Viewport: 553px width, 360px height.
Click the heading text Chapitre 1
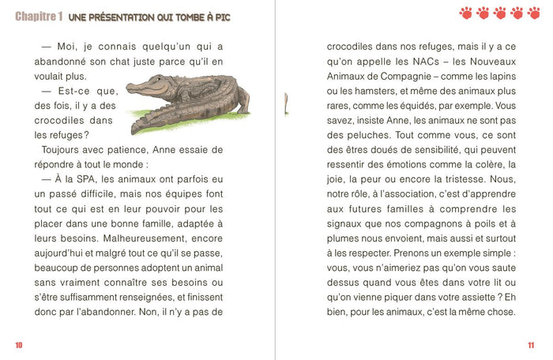[x=39, y=16]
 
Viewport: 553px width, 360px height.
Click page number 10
[x=18, y=344]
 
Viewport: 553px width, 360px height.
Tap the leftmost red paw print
[x=465, y=13]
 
